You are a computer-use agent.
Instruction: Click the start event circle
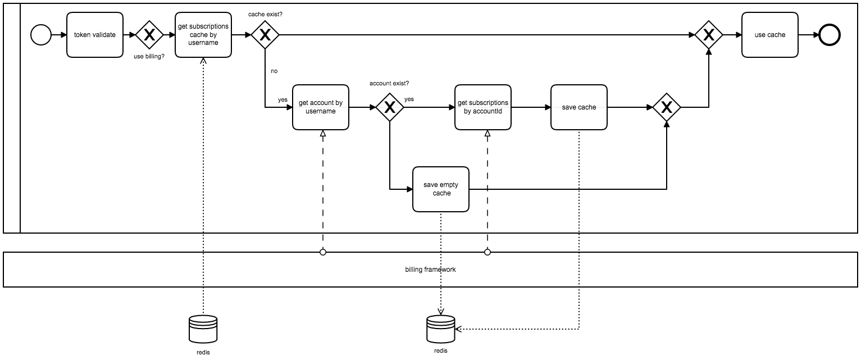(x=40, y=35)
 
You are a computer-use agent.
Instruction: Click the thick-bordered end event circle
(x=830, y=35)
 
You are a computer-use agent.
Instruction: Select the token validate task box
(x=95, y=35)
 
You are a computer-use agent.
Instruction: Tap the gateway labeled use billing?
(x=149, y=35)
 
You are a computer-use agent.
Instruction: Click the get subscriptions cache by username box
(x=203, y=35)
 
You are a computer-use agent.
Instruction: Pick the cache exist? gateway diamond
(x=265, y=35)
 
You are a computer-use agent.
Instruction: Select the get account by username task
(x=321, y=107)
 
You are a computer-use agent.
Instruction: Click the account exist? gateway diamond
(x=389, y=107)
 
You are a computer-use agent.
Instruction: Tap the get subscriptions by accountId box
(x=483, y=107)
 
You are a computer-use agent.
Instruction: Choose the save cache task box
(x=578, y=107)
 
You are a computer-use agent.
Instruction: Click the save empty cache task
(x=441, y=189)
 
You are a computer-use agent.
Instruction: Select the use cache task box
(x=769, y=35)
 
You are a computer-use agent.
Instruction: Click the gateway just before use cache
(x=709, y=35)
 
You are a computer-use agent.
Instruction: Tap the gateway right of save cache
(x=666, y=107)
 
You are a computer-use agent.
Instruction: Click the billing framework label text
(x=430, y=270)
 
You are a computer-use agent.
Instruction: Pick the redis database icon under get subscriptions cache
(x=203, y=329)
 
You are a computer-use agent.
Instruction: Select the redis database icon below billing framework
(x=440, y=329)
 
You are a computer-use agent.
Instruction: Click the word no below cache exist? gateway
(x=274, y=71)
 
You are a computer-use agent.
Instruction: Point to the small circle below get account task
(x=323, y=252)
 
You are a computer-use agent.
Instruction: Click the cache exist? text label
(x=265, y=13)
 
